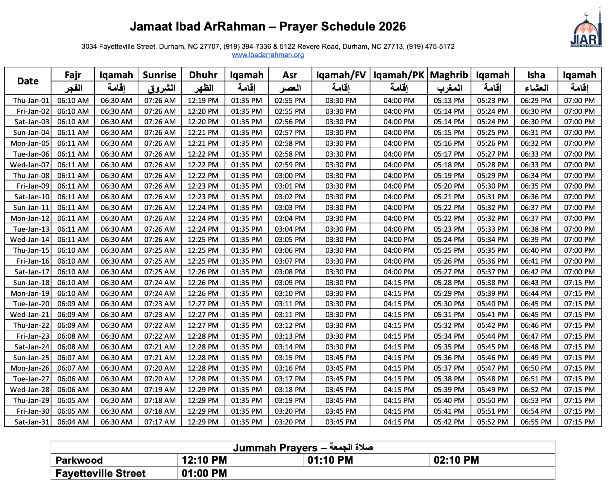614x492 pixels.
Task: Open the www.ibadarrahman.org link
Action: coord(268,55)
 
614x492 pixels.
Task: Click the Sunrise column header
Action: coord(160,75)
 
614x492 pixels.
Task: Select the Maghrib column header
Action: coord(449,75)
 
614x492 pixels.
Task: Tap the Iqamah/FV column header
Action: coord(341,75)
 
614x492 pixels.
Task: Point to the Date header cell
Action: coord(28,81)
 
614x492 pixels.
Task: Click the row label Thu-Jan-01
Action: coord(31,101)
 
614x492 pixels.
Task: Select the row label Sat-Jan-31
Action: coord(32,422)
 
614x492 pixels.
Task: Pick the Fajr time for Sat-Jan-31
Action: coord(73,422)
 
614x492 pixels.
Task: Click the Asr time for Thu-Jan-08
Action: coord(290,176)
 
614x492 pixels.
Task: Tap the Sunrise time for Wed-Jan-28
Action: coord(160,390)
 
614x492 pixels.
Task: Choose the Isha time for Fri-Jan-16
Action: coord(536,261)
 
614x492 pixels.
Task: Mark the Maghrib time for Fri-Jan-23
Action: coord(449,336)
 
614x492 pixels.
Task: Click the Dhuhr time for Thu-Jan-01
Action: coord(203,101)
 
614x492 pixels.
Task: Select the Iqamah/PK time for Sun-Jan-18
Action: coord(399,283)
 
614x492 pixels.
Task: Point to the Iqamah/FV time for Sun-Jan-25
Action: coord(341,358)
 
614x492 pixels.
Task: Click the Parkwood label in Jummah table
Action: coord(79,460)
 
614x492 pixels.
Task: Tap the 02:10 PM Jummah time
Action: coord(456,460)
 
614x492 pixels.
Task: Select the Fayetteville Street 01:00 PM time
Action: coord(204,473)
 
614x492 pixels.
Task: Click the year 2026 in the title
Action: coord(392,27)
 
